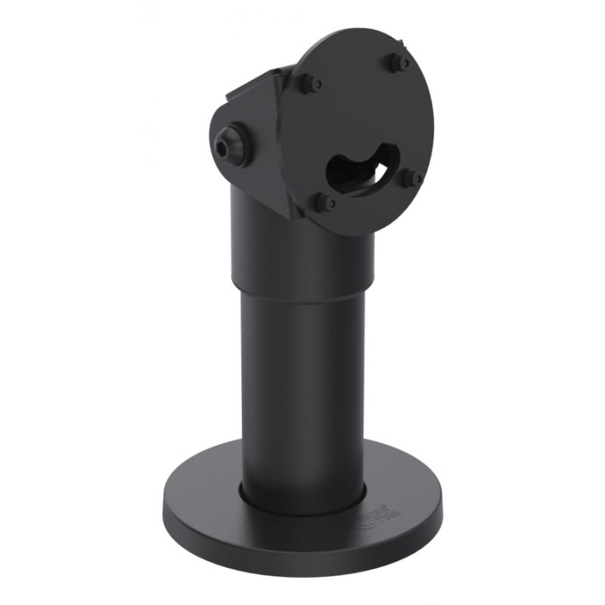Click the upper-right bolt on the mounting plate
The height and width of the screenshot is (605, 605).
pos(399,62)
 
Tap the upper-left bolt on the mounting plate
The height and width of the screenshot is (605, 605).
pos(308,82)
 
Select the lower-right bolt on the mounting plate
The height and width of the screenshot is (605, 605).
pos(412,178)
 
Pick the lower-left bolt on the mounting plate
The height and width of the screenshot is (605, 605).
pos(324,202)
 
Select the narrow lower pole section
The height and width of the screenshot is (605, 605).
pos(302,393)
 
